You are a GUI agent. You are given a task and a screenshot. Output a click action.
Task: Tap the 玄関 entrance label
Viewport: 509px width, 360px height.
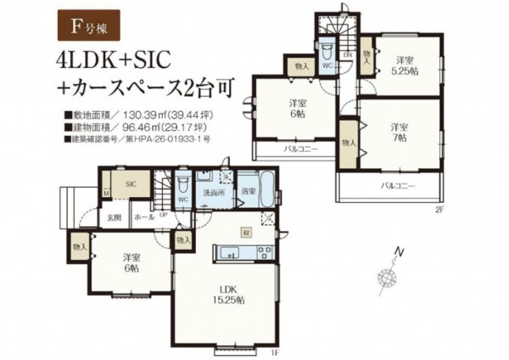click(114, 217)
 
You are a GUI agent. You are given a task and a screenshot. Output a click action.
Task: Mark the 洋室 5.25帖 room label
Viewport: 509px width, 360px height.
click(405, 66)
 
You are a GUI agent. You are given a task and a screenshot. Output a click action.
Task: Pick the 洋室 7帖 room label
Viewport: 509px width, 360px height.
click(400, 132)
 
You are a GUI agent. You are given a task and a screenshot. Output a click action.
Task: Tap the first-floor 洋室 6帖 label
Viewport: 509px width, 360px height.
click(129, 261)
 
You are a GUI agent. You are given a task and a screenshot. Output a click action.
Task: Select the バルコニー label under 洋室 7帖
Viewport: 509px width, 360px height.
click(394, 184)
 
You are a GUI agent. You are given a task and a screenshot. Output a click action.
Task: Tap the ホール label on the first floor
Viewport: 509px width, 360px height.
click(144, 217)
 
